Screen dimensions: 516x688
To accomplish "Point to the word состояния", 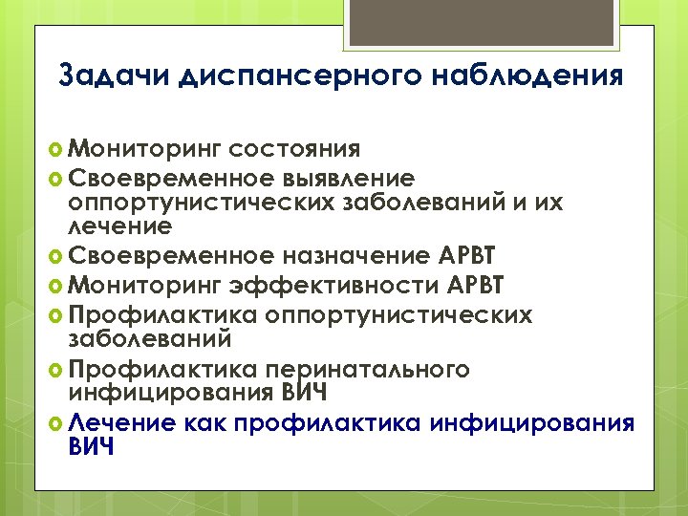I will pyautogui.click(x=295, y=150).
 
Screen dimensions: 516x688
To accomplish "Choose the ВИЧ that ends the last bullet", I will pyautogui.click(x=92, y=445).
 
